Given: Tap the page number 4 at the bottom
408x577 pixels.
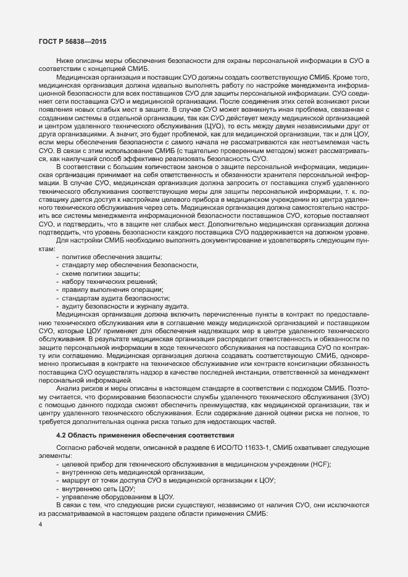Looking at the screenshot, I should (40, 524).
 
